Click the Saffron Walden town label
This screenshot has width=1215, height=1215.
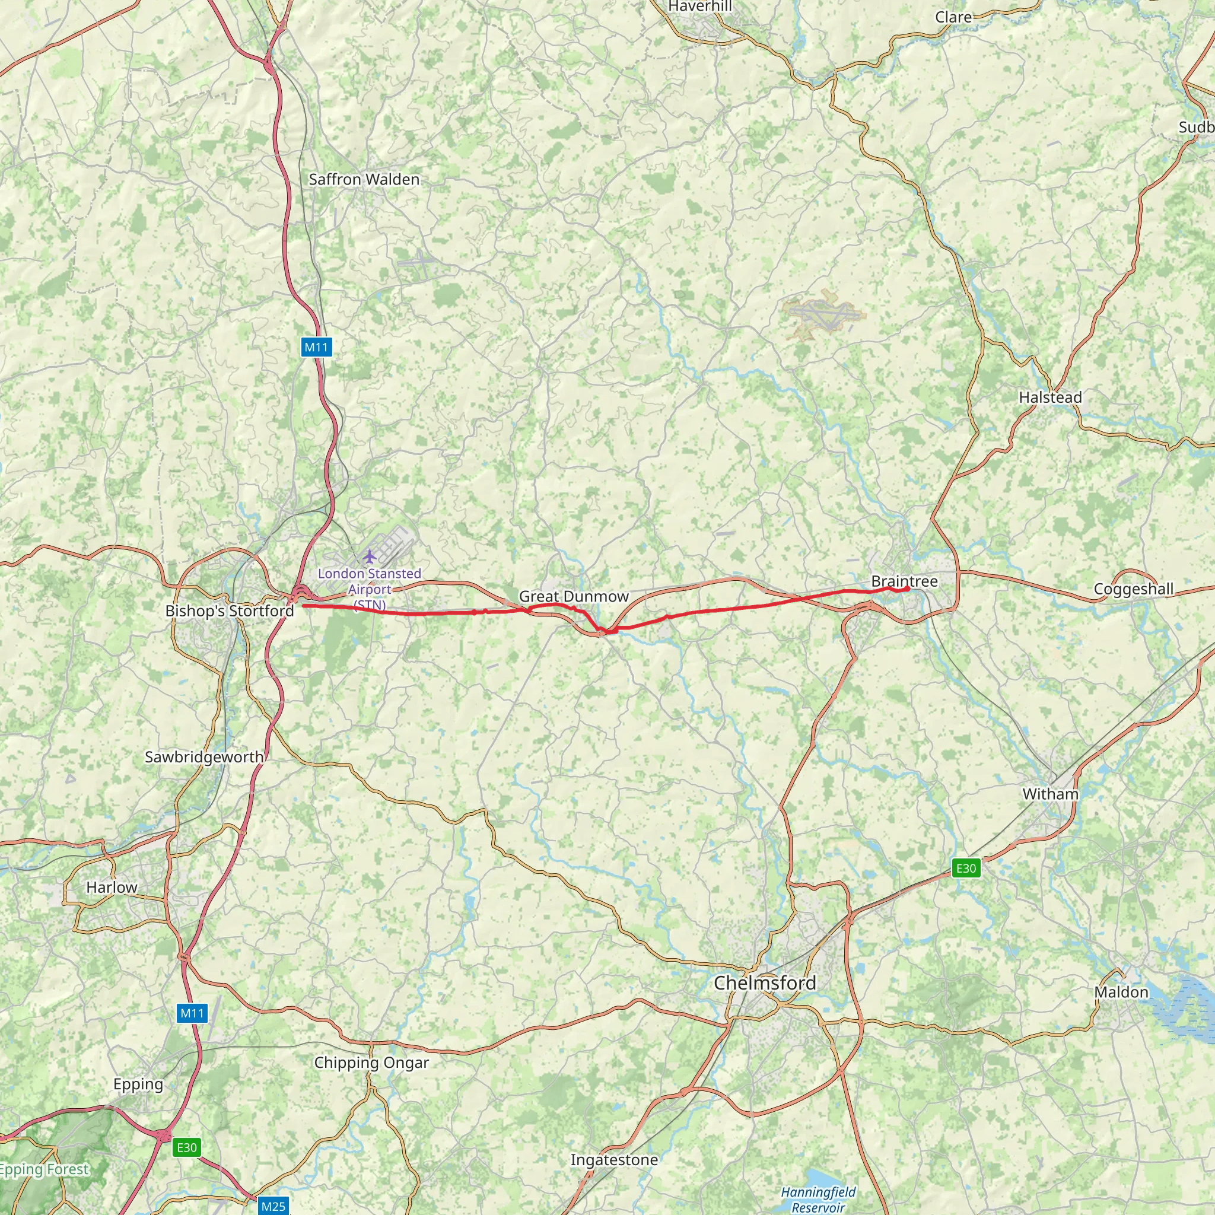pyautogui.click(x=364, y=179)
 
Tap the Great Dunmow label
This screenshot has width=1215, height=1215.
pyautogui.click(x=573, y=596)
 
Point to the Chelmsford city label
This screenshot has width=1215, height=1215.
pyautogui.click(x=765, y=982)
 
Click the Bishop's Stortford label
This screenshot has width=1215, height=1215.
pyautogui.click(x=230, y=610)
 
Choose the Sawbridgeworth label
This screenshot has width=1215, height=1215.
pyautogui.click(x=203, y=756)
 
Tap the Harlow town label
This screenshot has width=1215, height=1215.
pyautogui.click(x=112, y=887)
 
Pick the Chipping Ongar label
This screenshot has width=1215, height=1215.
pyautogui.click(x=371, y=1062)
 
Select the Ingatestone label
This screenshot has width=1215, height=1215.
pyautogui.click(x=614, y=1160)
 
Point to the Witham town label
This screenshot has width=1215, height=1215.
pyautogui.click(x=1050, y=794)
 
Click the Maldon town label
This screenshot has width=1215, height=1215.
pyautogui.click(x=1121, y=992)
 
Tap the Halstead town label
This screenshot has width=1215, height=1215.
pyautogui.click(x=1050, y=397)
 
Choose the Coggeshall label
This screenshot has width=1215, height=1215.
pyautogui.click(x=1133, y=589)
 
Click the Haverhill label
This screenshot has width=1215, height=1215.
pyautogui.click(x=699, y=7)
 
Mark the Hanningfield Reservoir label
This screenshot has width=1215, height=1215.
pyautogui.click(x=818, y=1198)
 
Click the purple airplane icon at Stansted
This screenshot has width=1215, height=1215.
pyautogui.click(x=369, y=556)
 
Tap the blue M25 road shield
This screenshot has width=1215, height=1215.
pyautogui.click(x=273, y=1206)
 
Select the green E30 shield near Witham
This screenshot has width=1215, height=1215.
pyautogui.click(x=965, y=869)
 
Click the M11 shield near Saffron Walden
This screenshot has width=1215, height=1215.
pyautogui.click(x=316, y=346)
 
